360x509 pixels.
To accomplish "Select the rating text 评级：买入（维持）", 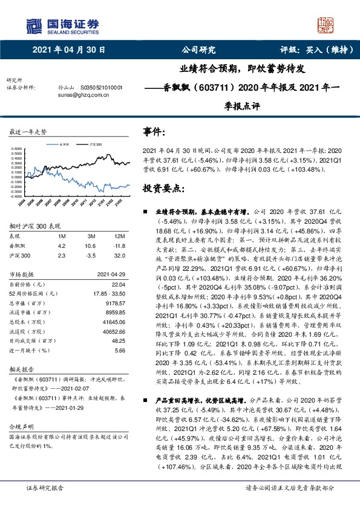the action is pyautogui.click(x=314, y=51).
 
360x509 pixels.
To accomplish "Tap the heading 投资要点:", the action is pyautogui.click(x=162, y=189).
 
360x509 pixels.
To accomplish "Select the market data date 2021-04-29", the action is pyautogui.click(x=111, y=274).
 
